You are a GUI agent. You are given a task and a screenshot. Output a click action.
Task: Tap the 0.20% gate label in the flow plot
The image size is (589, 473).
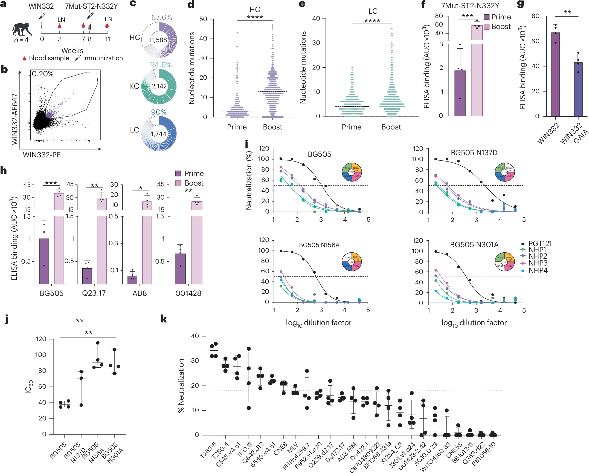click(x=42, y=74)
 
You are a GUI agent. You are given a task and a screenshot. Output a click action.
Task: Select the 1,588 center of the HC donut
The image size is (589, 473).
click(x=159, y=40)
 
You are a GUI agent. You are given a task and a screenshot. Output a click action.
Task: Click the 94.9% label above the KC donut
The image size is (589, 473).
click(x=161, y=65)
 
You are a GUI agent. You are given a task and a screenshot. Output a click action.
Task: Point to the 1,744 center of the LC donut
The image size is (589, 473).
click(x=158, y=134)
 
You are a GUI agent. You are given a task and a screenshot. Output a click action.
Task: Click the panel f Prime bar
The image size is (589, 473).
click(x=460, y=93)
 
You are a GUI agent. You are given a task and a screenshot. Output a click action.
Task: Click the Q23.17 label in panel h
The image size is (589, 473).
click(x=94, y=293)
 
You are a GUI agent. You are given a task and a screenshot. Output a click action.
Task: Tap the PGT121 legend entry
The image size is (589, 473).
click(x=540, y=243)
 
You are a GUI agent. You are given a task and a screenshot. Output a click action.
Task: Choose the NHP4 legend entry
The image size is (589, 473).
click(x=538, y=270)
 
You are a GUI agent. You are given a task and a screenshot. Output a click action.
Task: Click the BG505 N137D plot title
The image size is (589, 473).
click(x=474, y=153)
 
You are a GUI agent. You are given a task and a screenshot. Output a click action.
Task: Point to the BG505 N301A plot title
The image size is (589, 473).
click(x=474, y=244)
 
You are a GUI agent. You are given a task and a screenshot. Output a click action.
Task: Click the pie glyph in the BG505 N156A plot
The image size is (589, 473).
click(x=352, y=262)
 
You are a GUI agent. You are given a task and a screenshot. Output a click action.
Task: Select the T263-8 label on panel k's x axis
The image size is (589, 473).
click(x=208, y=450)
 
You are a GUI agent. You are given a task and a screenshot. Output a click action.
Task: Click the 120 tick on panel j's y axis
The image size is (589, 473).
click(x=41, y=339)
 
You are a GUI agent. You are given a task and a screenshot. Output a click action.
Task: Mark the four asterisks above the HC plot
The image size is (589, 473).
click(x=255, y=17)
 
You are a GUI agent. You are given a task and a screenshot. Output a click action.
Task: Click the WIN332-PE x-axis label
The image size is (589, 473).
click(x=42, y=155)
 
